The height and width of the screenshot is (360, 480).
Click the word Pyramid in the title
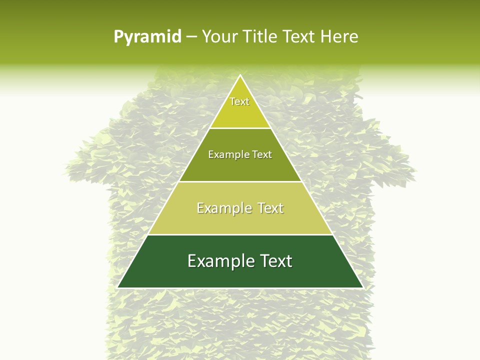coord(147,37)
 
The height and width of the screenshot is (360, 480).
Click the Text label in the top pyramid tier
coord(239,101)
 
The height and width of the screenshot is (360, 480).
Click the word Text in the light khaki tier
coord(271,208)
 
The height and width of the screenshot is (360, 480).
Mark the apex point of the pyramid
coord(240,75)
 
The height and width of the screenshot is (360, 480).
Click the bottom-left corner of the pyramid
coord(117,287)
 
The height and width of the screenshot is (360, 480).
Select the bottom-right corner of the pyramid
coord(363,287)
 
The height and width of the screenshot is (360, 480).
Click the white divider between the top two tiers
coord(240,128)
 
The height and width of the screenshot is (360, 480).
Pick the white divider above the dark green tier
coord(240,234)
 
